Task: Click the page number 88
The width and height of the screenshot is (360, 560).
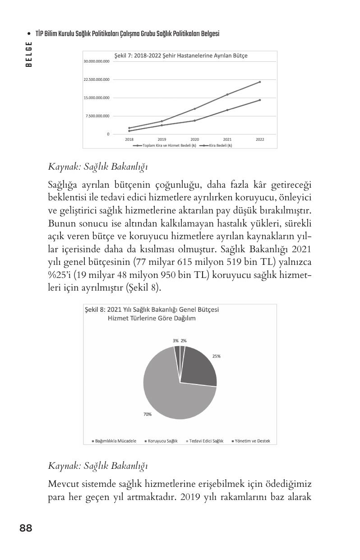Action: coord(26,528)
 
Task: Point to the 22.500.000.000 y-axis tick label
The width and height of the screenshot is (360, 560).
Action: coord(97,80)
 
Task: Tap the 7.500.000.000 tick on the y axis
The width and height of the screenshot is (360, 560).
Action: coord(97,116)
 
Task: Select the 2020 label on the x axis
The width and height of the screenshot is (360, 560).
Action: coord(194,140)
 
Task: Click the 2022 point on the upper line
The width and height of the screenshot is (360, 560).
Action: coord(260,82)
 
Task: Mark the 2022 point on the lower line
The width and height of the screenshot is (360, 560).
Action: coord(260,100)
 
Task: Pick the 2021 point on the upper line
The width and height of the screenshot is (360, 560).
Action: coord(227,94)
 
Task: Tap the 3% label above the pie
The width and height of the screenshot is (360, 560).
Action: coord(175,341)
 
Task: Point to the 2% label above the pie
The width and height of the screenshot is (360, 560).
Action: coord(184,341)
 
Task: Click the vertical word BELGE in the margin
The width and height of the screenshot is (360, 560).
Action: coord(29,54)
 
